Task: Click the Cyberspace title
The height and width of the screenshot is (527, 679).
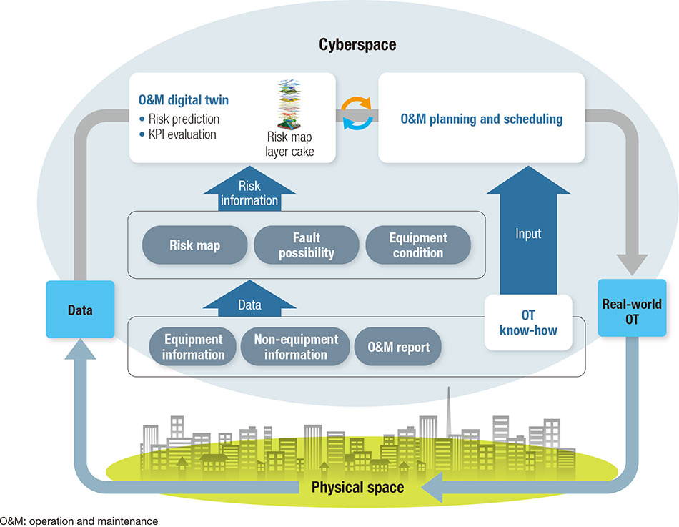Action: pos(357,45)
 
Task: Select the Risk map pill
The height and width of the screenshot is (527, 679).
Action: pos(195,246)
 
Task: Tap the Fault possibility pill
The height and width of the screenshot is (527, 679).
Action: pos(307,246)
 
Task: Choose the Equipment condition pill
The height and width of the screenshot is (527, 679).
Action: pos(418,246)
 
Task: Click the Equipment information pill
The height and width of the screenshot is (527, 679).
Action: pos(194,346)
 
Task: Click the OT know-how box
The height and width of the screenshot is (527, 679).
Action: pos(529,322)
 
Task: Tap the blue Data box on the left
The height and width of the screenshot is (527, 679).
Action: pos(80,309)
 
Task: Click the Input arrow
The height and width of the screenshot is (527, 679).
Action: pos(529,236)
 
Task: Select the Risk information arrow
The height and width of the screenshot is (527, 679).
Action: pos(249,194)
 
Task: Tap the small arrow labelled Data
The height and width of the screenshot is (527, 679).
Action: pos(249,303)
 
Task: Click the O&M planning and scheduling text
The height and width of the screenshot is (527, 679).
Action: pos(480,119)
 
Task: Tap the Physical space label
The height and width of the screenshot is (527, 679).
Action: pos(357,488)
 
